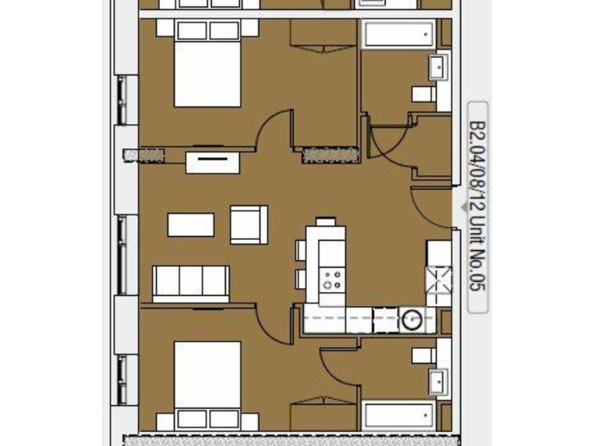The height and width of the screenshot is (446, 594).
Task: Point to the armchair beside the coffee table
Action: pyautogui.click(x=248, y=224)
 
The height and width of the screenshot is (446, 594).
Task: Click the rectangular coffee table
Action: pyautogui.click(x=190, y=225)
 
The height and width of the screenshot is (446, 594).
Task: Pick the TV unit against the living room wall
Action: pyautogui.click(x=212, y=163)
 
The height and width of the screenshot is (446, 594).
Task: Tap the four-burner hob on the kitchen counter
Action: pyautogui.click(x=333, y=278)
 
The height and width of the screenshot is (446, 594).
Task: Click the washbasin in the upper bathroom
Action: pyautogui.click(x=439, y=67)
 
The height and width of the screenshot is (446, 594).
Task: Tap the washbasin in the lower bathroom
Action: pyautogui.click(x=439, y=381)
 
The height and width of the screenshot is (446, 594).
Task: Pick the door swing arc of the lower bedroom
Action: pyautogui.click(x=275, y=321)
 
